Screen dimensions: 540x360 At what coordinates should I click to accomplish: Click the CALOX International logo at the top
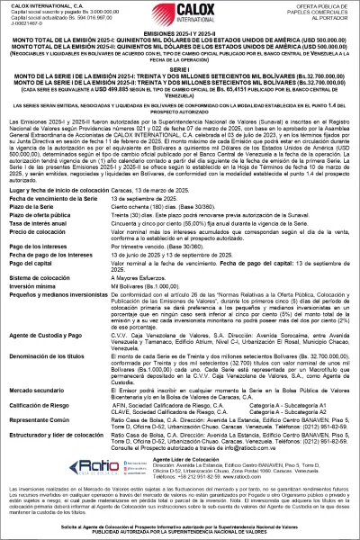click(179, 15)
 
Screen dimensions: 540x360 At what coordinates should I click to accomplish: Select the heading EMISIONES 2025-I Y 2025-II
click(180, 32)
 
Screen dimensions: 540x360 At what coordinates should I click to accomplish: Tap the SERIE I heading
click(180, 68)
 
